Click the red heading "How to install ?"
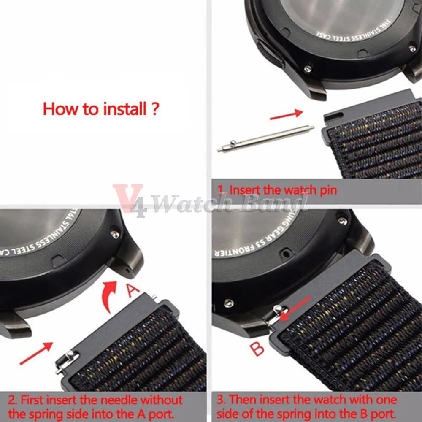coord(101,109)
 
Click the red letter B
coord(257,349)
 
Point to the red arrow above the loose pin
coord(287,114)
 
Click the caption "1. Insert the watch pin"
coord(277,190)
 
